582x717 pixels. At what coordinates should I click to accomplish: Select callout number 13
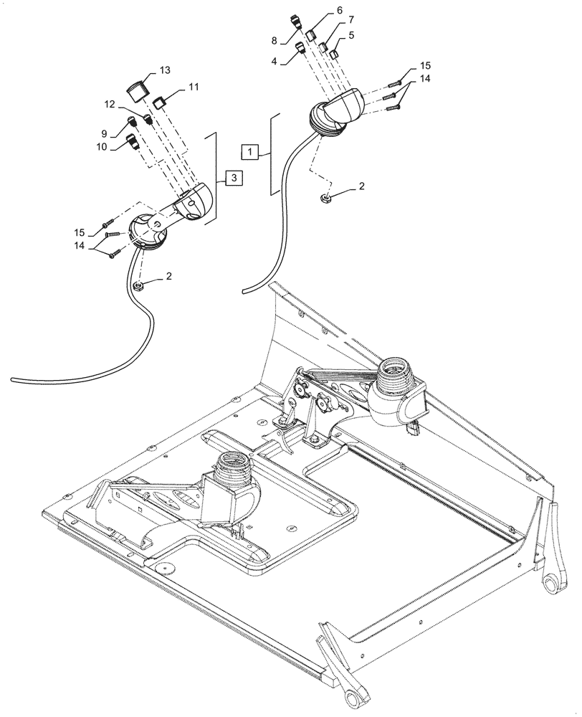[x=165, y=70]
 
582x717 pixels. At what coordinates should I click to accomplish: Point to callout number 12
[x=109, y=104]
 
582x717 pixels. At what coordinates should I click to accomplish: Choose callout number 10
[x=101, y=147]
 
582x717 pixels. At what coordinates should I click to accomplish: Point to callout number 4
[x=274, y=62]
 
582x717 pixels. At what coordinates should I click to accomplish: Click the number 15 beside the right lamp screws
[x=424, y=65]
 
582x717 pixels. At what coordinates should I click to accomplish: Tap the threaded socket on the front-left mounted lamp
[x=233, y=469]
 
